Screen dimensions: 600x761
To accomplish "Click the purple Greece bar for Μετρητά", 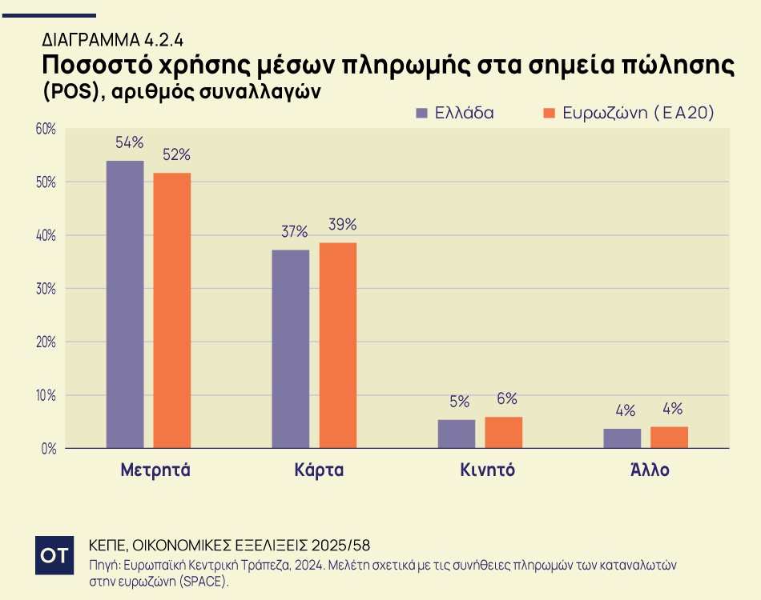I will click(x=125, y=304).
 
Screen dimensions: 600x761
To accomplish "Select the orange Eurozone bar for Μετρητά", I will click(x=172, y=310).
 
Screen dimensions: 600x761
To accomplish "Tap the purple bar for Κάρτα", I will click(x=290, y=349).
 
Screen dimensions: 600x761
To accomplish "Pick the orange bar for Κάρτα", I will click(x=337, y=345).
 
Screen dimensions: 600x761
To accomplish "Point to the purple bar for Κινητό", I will click(x=456, y=434).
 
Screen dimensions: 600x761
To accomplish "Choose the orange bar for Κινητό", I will click(x=503, y=432).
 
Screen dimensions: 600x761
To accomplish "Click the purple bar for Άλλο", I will click(x=622, y=438).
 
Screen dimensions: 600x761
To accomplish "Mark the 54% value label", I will click(x=129, y=142).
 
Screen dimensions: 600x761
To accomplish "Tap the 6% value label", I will click(x=506, y=399).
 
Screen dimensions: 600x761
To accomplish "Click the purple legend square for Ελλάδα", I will click(x=423, y=113).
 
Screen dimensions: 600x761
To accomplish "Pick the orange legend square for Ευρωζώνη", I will click(x=549, y=113).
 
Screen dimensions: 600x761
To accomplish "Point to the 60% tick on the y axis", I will click(x=45, y=129).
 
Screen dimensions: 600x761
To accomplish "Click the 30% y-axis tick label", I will click(x=45, y=289).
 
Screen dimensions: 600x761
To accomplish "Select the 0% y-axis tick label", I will click(x=48, y=449).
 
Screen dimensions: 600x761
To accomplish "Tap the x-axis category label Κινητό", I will click(x=487, y=470).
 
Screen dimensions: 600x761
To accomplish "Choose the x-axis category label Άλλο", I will click(x=649, y=470).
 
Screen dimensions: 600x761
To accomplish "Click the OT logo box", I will click(x=54, y=555).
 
